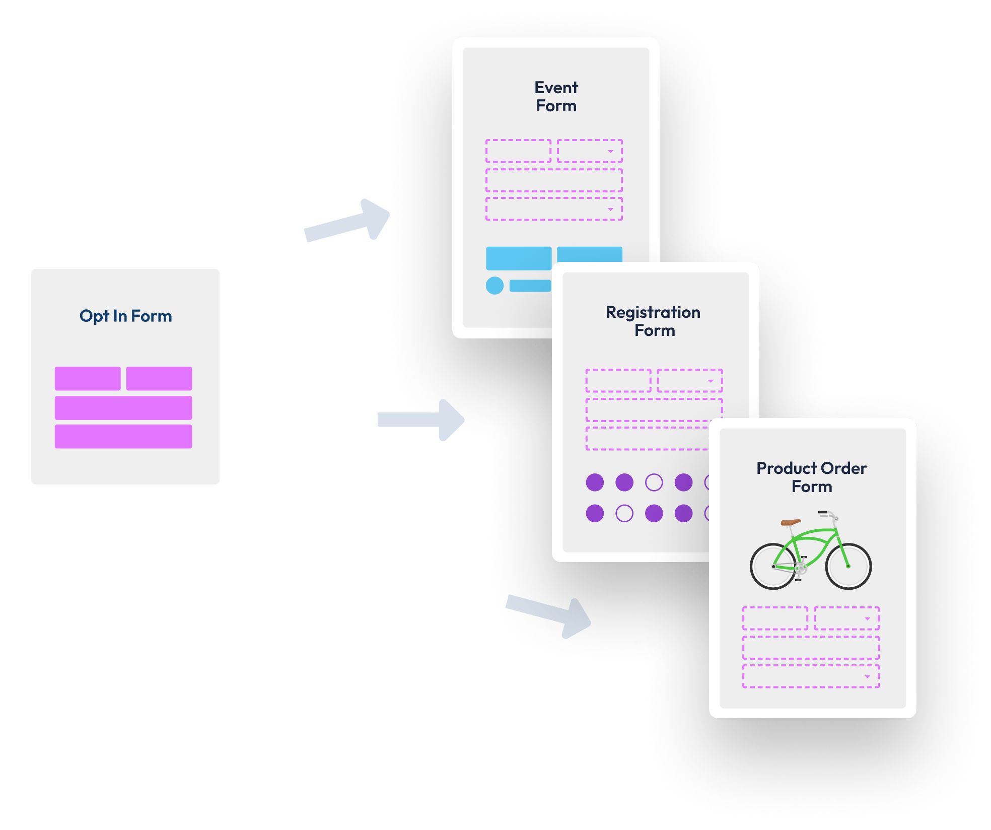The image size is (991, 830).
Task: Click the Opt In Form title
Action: pos(125,316)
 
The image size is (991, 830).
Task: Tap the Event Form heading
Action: pos(556,97)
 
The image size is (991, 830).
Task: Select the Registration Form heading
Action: pos(653,321)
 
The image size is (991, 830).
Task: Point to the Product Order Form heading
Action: pos(811,477)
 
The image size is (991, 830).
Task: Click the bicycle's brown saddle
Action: pos(790,522)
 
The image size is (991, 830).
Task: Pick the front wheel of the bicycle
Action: pos(848,566)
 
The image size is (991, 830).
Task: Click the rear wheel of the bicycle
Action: pos(773,566)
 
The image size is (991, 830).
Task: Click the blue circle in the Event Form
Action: pos(494,286)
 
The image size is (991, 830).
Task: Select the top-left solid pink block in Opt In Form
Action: pos(88,378)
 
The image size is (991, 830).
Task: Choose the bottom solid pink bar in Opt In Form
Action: pos(123,437)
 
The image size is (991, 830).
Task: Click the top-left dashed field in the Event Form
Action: pos(518,151)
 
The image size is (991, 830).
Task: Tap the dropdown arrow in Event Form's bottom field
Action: pos(610,210)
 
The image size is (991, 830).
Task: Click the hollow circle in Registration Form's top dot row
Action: pos(654,482)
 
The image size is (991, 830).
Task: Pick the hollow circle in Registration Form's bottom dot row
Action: pos(624,513)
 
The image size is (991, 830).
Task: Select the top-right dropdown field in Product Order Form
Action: pos(846,618)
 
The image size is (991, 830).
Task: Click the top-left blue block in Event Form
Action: pos(518,258)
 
